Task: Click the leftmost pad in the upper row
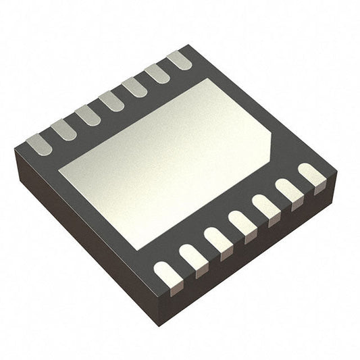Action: tap(38, 143)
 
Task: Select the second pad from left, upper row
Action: tap(63, 129)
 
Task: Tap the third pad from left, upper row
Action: tap(88, 115)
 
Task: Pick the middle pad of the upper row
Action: tap(111, 101)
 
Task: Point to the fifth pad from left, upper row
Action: tap(134, 87)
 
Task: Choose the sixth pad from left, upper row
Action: tap(157, 73)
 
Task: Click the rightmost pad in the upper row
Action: tap(179, 59)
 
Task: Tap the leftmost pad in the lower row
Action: tap(167, 273)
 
